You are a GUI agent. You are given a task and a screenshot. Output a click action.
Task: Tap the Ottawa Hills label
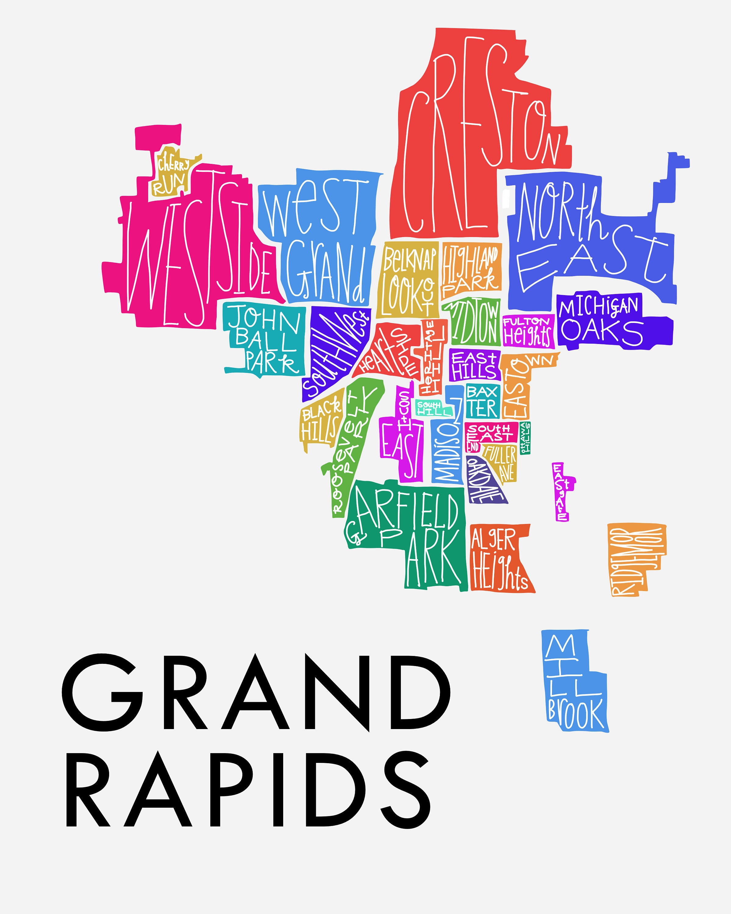pos(525,438)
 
